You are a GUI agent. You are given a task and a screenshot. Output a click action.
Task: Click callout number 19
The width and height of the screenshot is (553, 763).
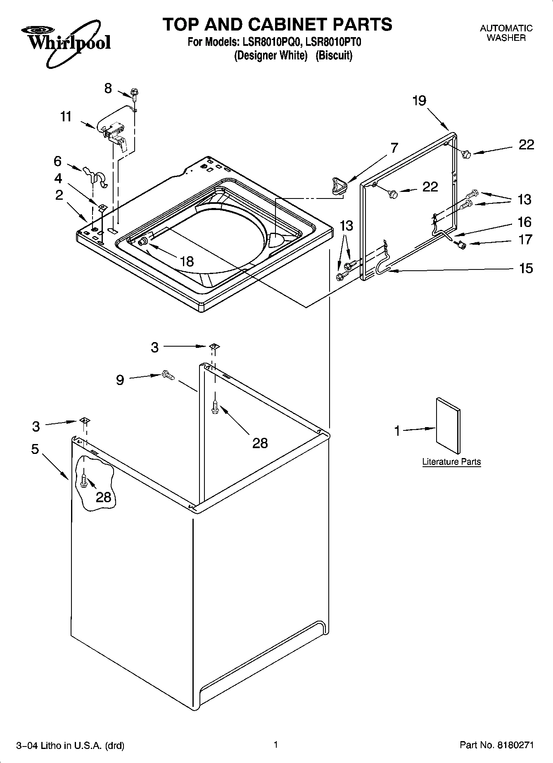coord(419,101)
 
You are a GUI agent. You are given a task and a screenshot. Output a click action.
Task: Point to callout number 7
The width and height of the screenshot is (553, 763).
coord(394,148)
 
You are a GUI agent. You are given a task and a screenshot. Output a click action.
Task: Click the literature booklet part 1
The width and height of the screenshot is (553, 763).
coord(448,425)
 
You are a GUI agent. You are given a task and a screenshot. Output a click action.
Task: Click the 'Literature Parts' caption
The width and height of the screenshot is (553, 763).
coord(451,461)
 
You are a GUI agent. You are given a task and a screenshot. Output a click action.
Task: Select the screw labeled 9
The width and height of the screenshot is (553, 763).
coord(168,375)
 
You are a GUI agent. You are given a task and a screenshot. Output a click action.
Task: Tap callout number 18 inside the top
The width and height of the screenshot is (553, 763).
coord(187,261)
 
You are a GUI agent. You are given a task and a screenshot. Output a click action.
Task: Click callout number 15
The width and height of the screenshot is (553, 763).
coord(526,269)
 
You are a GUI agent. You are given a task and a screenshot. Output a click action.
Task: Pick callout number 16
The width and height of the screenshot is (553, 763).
coord(525,222)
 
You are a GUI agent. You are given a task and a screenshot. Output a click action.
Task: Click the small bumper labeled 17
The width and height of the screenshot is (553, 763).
coord(460,245)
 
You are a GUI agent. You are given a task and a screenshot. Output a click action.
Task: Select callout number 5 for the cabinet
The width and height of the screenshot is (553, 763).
coord(35,449)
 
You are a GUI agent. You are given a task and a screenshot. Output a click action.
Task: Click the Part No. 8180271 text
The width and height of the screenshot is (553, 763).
coord(496,745)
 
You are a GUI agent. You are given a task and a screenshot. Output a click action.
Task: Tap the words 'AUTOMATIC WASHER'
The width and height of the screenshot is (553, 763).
coord(506,33)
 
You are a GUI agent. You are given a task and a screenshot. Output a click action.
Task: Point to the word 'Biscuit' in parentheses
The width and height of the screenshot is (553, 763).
coord(334,55)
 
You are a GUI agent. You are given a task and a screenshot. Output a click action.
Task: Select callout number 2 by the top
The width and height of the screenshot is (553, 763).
coord(59,195)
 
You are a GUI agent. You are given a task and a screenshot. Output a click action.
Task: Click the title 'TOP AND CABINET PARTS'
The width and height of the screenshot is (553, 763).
coord(277,24)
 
